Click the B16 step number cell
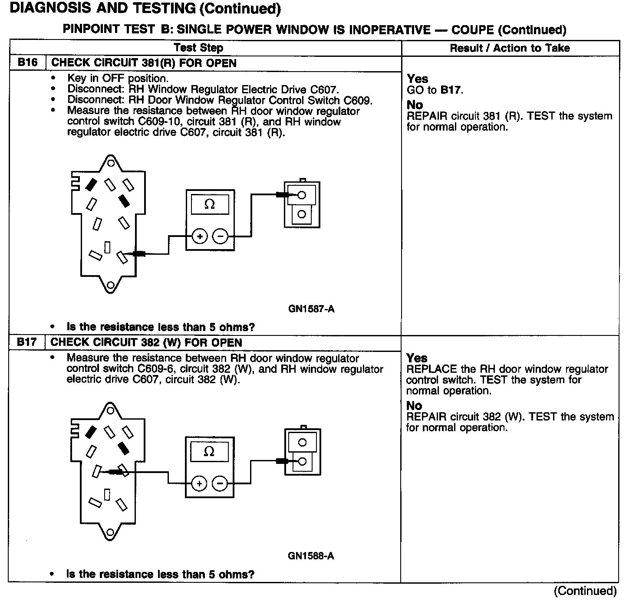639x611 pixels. coord(27,63)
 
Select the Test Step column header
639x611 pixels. coord(198,48)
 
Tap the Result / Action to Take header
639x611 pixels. coord(510,48)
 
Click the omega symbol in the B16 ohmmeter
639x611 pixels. coord(210,204)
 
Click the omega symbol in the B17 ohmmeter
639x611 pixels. coord(209,452)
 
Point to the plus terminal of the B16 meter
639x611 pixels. coord(200,237)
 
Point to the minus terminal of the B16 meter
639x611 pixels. coord(221,237)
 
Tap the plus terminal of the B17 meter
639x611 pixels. coord(199,483)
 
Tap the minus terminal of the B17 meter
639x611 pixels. coord(220,483)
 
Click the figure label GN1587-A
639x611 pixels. coord(311,309)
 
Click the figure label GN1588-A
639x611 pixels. coord(311,556)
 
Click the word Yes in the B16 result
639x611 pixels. coord(418,79)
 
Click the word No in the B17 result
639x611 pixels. coord(414,406)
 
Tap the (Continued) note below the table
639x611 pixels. coord(585,591)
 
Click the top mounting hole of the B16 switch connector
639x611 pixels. coord(111,163)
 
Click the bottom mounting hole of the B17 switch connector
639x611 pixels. coord(111,532)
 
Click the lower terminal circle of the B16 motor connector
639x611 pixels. coord(302,214)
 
